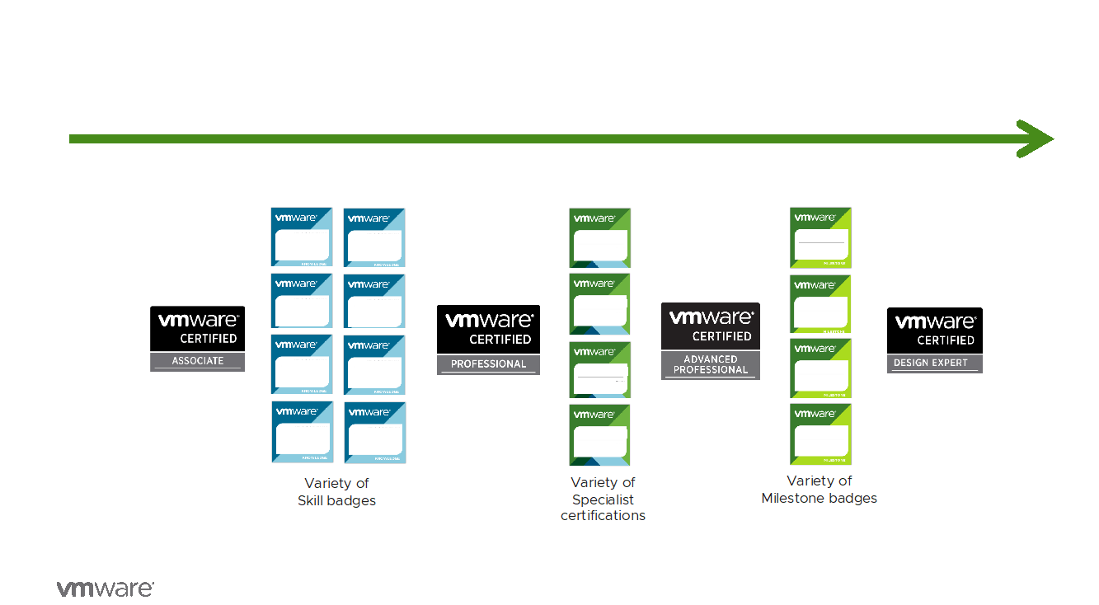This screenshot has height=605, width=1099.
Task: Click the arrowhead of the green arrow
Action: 1037,138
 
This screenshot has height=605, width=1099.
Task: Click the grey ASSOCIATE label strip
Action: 197,361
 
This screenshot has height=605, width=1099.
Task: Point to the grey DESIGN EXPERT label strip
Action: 934,363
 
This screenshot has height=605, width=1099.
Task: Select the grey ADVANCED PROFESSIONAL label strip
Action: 710,364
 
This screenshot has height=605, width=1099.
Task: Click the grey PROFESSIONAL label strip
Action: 488,364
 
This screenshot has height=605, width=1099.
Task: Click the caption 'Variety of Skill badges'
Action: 336,492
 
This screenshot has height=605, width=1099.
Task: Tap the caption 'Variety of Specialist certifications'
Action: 603,499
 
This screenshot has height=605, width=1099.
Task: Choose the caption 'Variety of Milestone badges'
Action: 819,490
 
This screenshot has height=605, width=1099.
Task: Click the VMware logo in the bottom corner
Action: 105,589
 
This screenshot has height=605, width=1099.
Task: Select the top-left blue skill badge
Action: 302,237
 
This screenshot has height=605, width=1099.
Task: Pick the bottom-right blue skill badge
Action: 374,433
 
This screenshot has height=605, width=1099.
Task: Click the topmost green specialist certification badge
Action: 599,237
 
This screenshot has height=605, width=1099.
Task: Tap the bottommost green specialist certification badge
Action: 599,434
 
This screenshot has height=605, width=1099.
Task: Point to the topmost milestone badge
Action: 820,237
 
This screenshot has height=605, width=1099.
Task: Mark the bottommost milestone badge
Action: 820,434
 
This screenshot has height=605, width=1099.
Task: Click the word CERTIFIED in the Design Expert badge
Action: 946,340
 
